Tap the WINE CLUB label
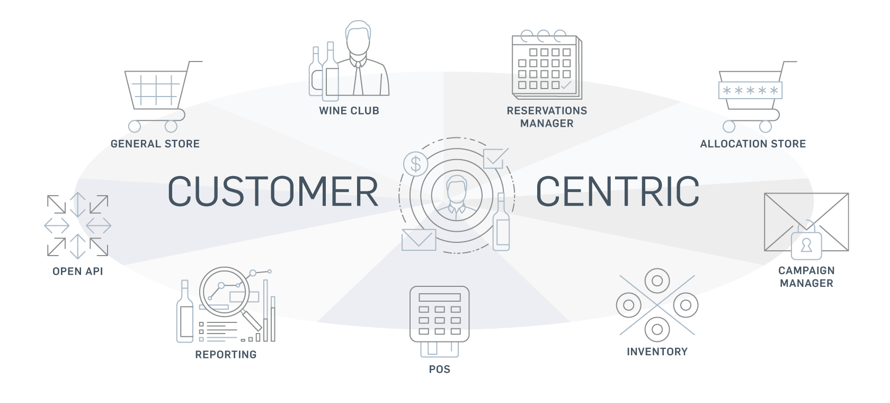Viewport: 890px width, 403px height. [349, 111]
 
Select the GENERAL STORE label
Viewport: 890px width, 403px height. [155, 144]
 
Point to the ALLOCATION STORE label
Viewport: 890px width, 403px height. [753, 144]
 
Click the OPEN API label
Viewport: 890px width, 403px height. [77, 271]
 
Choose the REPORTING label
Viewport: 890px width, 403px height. [226, 355]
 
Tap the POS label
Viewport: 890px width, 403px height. [440, 369]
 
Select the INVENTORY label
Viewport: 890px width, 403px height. [657, 352]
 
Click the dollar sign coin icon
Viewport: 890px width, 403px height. [415, 164]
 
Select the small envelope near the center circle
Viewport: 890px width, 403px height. [419, 240]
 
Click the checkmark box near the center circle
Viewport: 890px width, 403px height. [494, 158]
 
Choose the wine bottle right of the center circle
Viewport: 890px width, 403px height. [501, 223]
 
